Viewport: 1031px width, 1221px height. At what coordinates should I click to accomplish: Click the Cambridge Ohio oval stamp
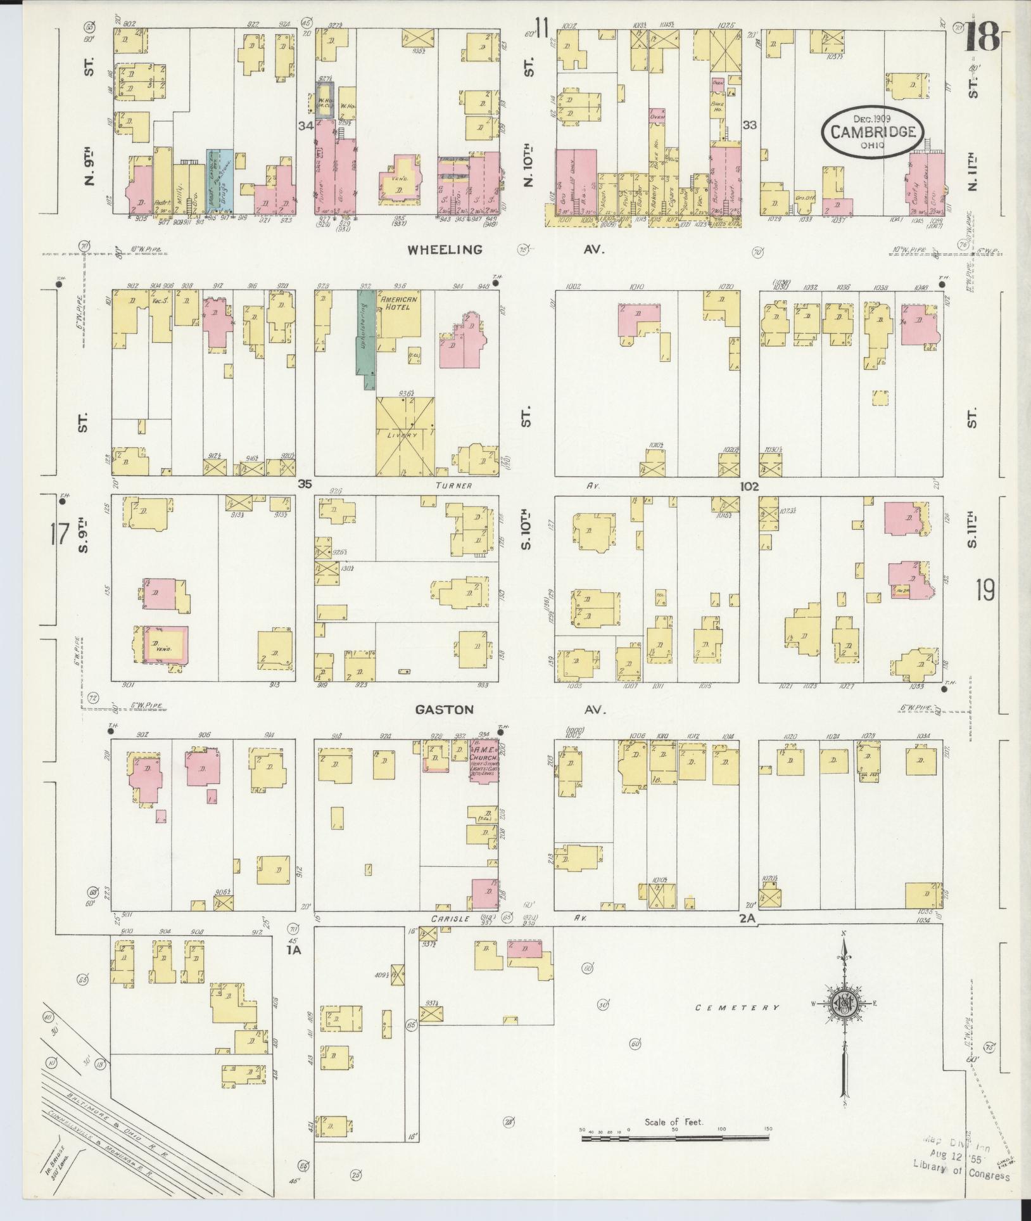pos(872,132)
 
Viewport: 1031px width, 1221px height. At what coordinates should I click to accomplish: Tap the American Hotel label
pos(396,303)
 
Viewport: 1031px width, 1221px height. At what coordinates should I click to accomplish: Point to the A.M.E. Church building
pos(484,760)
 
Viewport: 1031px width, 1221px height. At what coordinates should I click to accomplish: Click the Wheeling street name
pos(444,250)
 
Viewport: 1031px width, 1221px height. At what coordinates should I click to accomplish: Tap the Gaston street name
pos(444,710)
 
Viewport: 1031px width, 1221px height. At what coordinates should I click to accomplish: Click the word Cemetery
pos(736,1007)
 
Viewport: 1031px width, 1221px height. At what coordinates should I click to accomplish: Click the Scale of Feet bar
pos(675,1139)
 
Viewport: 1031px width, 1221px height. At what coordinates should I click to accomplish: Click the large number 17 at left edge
pos(59,535)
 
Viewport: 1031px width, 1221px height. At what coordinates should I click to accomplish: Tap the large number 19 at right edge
pos(985,590)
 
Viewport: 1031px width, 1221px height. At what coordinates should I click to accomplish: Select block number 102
pos(748,486)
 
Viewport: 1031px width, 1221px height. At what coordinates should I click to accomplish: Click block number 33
pos(750,125)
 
